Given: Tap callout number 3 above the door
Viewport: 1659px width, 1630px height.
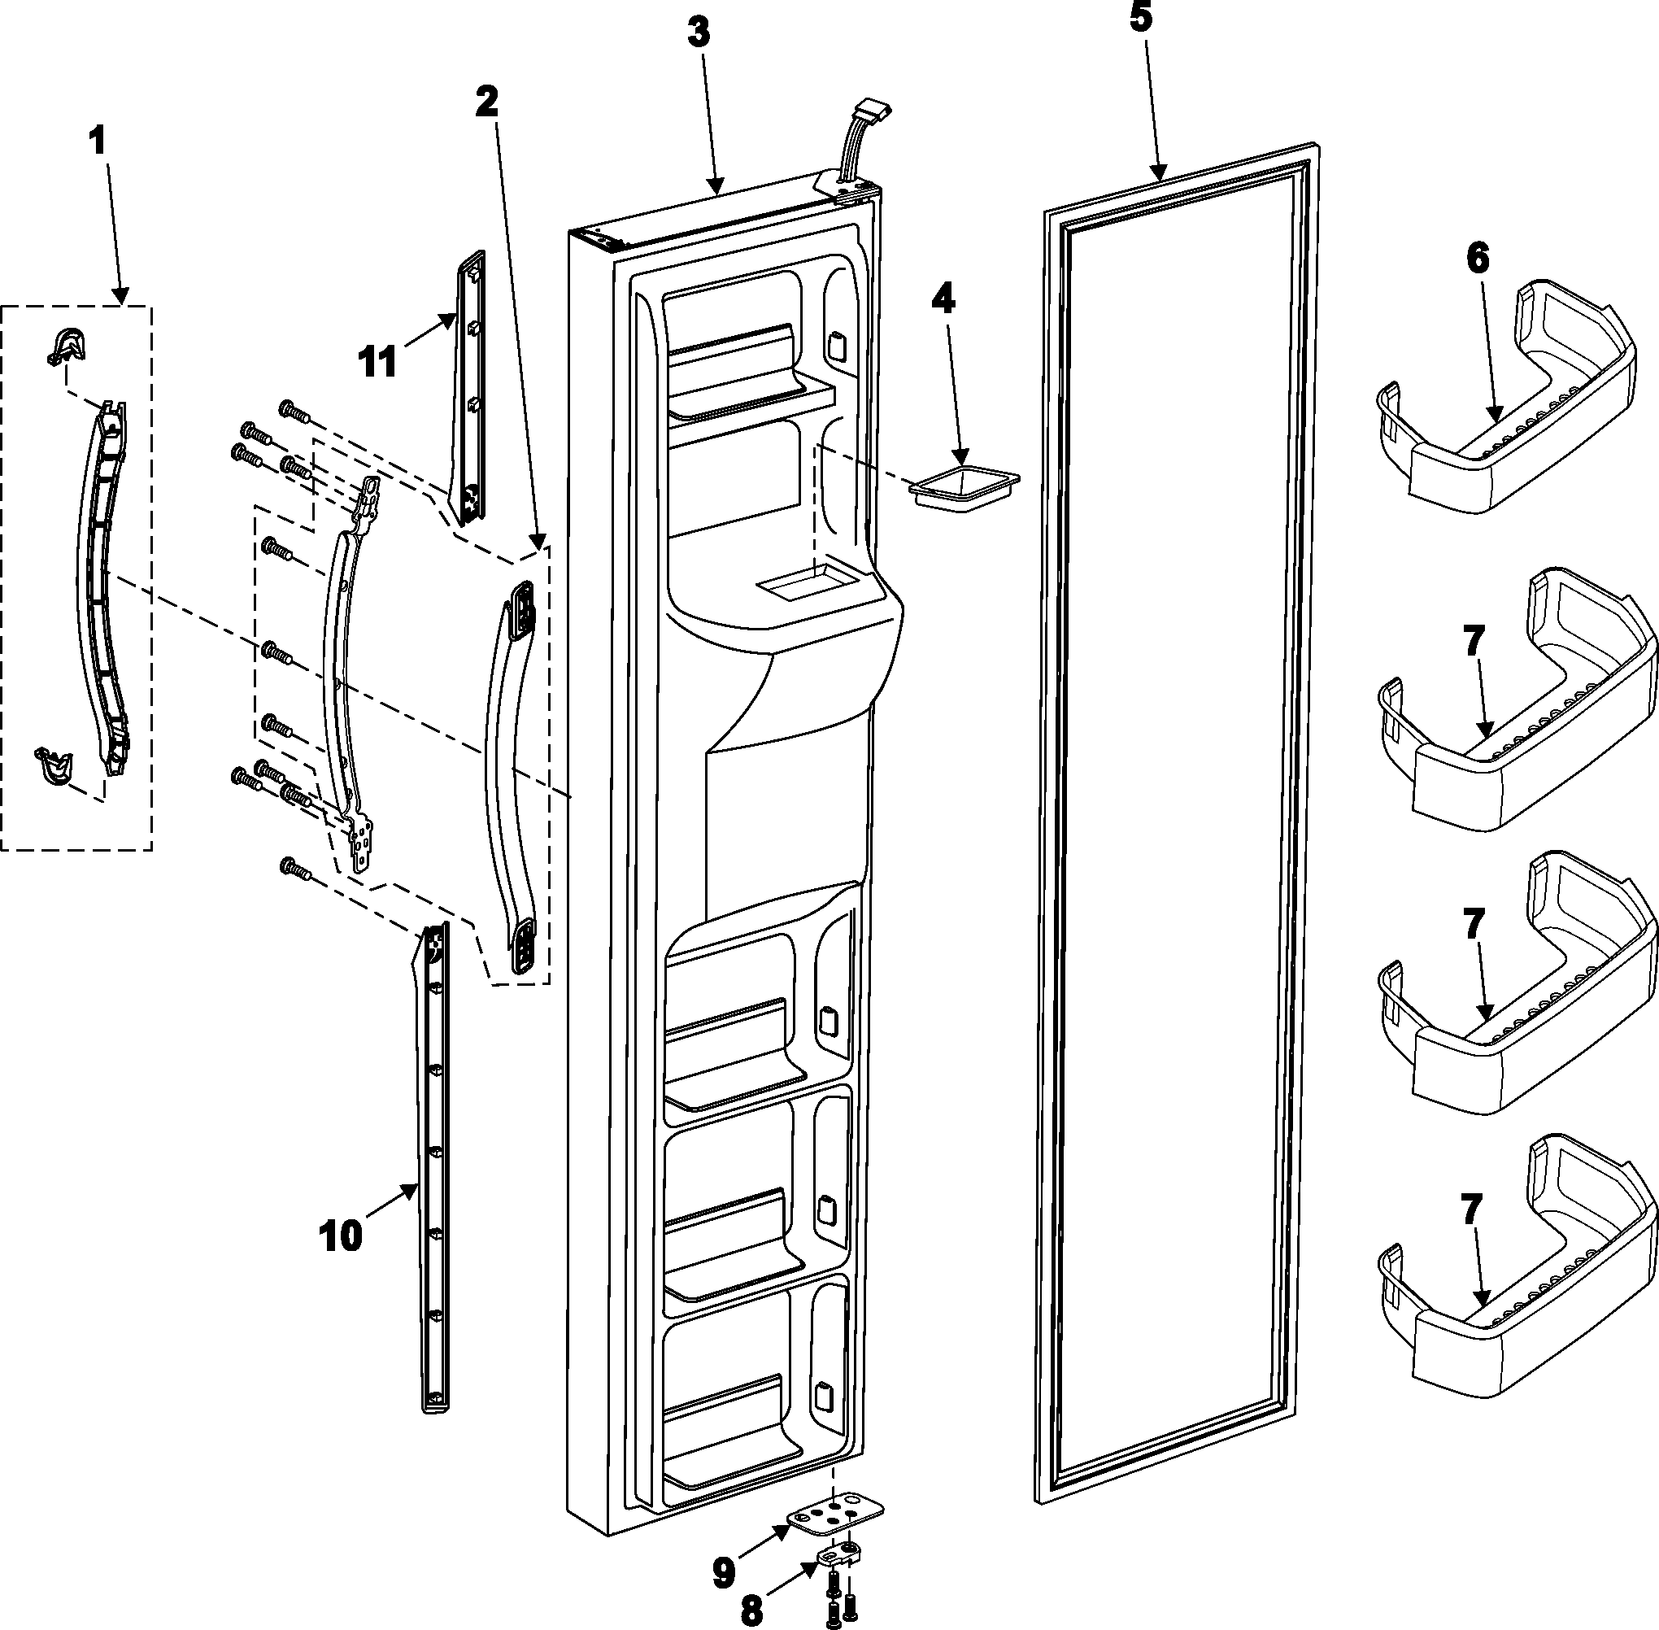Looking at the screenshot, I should [699, 33].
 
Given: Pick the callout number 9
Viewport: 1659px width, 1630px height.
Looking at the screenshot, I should [723, 1570].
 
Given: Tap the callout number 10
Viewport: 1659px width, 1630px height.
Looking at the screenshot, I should [341, 1236].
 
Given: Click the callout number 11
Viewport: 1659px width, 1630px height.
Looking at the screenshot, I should [377, 362].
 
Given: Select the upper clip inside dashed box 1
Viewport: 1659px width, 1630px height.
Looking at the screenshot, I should [68, 344].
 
